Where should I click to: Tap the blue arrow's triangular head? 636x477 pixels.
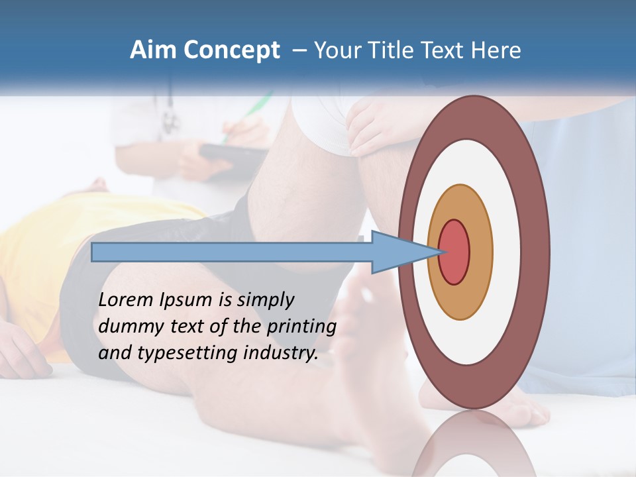(397, 252)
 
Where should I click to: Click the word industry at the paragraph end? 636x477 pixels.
(281, 354)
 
